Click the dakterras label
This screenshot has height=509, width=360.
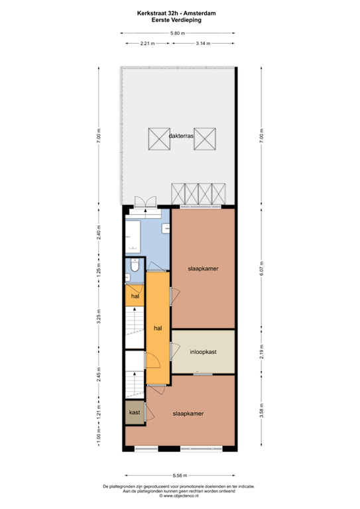[x=181, y=137]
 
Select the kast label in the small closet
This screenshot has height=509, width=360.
[x=134, y=412]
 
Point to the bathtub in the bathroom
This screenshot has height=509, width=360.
[x=134, y=237]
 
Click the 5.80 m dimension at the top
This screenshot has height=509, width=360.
[x=176, y=33]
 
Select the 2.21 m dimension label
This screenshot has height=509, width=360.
[x=147, y=44]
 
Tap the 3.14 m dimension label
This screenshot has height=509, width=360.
[x=203, y=44]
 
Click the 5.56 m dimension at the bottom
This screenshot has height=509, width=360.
[x=179, y=475]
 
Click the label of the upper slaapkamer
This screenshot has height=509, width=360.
[x=204, y=268]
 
